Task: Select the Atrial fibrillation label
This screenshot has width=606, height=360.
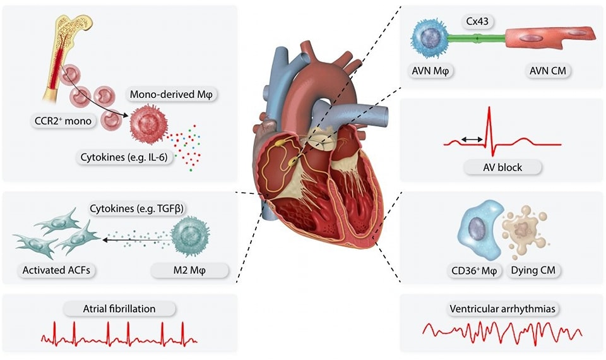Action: click(x=119, y=309)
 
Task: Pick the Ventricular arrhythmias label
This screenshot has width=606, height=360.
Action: click(x=502, y=309)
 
